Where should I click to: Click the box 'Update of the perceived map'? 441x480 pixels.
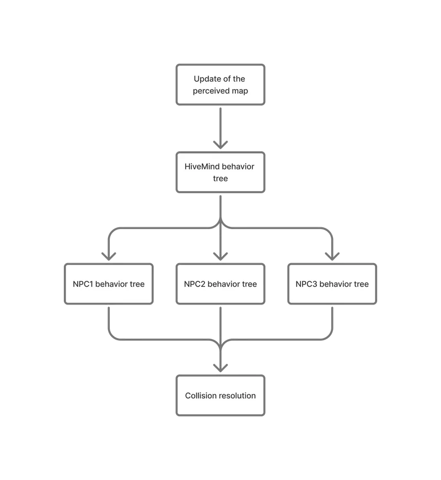220,85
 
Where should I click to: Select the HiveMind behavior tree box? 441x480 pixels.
220,172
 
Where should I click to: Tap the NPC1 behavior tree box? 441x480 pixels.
109,284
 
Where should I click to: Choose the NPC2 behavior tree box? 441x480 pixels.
220,284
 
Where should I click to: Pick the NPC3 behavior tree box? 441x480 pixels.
332,284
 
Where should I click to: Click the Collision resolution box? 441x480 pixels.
220,395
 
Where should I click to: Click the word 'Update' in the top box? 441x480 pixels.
207,79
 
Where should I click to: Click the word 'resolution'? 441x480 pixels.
237,396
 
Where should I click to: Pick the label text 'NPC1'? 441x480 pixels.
83,285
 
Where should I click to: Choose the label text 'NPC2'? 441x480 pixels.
195,285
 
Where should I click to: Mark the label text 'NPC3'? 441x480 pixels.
306,285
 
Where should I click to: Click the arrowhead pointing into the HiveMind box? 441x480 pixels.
220,145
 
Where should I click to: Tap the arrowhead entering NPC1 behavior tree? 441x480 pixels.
109,256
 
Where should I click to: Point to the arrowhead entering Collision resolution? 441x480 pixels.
220,368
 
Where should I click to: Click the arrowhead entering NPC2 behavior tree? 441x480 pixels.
220,256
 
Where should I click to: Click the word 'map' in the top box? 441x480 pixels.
239,91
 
